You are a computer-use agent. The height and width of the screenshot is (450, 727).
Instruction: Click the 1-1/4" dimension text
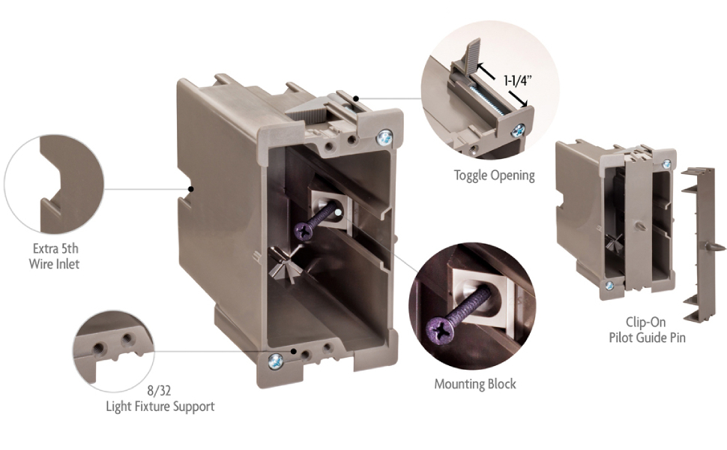[x=517, y=81]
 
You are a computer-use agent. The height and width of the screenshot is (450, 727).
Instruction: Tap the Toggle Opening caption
[x=494, y=175]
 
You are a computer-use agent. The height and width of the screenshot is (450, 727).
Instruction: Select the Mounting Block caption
[x=475, y=384]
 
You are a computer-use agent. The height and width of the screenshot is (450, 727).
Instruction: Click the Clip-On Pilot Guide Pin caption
[x=647, y=329]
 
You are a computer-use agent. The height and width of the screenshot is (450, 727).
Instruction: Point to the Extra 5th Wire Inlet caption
[x=54, y=256]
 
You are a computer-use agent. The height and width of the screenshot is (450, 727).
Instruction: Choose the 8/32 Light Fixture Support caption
[x=160, y=398]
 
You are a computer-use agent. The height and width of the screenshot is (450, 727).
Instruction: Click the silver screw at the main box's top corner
[x=384, y=138]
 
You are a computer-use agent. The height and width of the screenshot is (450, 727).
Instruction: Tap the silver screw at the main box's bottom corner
[x=275, y=361]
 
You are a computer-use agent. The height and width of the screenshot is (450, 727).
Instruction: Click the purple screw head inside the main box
[x=304, y=229]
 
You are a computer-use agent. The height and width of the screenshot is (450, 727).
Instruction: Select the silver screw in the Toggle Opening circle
[x=519, y=130]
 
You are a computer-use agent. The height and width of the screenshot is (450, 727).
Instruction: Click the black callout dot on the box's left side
[x=190, y=189]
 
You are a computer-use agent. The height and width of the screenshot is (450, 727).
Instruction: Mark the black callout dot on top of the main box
[x=355, y=98]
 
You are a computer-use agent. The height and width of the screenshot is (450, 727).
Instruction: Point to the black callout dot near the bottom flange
[x=293, y=351]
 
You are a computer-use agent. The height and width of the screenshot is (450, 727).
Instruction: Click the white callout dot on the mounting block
[x=339, y=212]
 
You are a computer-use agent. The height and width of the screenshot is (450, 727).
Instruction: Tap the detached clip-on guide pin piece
[x=699, y=244]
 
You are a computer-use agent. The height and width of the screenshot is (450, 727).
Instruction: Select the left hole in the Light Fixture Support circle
[x=98, y=348]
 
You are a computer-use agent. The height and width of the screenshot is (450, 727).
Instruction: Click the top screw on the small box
[x=666, y=163]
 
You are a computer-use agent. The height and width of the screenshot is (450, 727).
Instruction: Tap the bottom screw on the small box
[x=609, y=286]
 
